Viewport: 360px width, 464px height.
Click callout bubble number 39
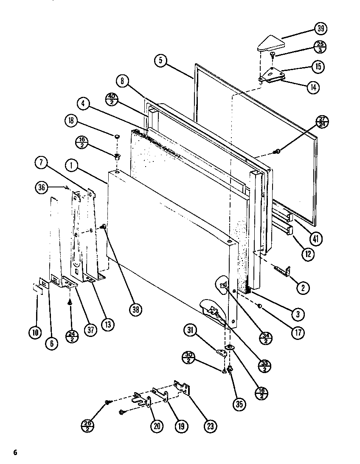point(321,29)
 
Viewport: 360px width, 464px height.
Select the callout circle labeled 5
point(160,61)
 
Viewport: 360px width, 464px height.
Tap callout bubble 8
point(122,81)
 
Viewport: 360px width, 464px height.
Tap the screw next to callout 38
point(103,227)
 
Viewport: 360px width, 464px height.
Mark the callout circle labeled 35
point(239,404)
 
